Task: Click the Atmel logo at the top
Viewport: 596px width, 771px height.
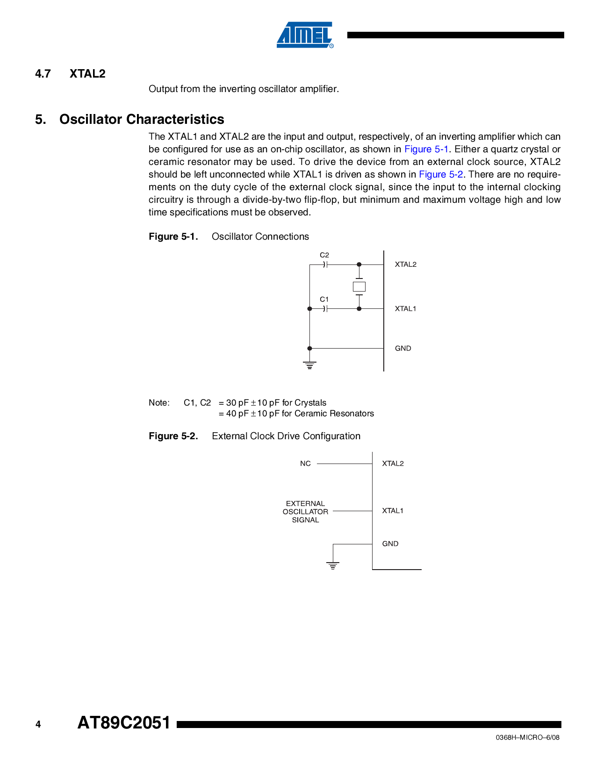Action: tap(305, 35)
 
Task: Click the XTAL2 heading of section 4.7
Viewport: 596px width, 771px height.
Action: tap(87, 74)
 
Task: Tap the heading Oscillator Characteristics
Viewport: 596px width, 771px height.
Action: tap(142, 120)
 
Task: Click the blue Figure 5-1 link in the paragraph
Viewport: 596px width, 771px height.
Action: tap(426, 150)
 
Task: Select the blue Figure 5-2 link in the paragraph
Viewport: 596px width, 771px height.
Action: tap(441, 175)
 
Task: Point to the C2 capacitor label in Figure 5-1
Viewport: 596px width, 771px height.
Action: tap(324, 255)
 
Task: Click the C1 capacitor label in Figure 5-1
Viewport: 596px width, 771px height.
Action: tap(324, 300)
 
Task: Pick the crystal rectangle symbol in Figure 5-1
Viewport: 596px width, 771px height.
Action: tap(359, 287)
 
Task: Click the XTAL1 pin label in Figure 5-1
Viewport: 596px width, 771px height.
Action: tap(405, 309)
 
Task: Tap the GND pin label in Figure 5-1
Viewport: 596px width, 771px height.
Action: tap(403, 349)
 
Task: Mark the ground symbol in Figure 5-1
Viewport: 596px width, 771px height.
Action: tap(309, 365)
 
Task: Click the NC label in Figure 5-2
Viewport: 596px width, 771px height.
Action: tap(305, 464)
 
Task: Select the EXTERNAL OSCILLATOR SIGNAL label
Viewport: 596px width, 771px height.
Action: tap(305, 512)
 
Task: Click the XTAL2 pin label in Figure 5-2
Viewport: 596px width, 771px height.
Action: tap(393, 464)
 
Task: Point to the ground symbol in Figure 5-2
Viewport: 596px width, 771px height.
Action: tap(333, 565)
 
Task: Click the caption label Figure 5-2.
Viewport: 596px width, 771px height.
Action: tap(173, 436)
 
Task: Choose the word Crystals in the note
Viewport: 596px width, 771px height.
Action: tap(310, 403)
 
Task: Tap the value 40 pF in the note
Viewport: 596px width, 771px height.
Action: tap(237, 414)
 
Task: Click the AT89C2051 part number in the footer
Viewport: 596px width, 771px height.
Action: tap(124, 723)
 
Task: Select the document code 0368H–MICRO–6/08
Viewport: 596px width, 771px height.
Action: tap(527, 737)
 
